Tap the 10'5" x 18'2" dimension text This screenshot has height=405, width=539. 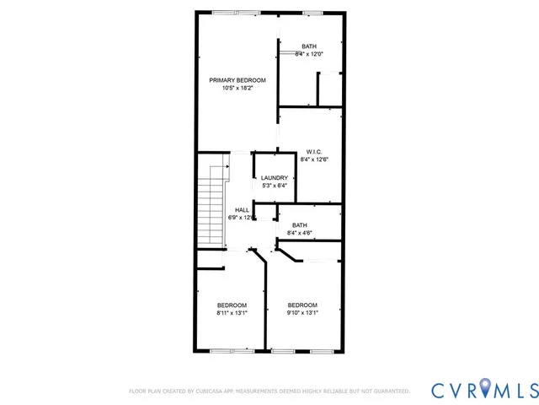[x=237, y=88]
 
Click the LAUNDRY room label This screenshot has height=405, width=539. [x=275, y=178]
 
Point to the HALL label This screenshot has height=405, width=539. [x=242, y=210]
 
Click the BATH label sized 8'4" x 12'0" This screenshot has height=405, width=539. [x=309, y=46]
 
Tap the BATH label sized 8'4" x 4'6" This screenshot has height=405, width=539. [x=299, y=225]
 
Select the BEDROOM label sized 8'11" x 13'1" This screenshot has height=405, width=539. [x=232, y=305]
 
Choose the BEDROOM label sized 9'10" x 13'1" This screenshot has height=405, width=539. [x=302, y=305]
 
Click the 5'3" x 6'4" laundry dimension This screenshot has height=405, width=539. [x=275, y=186]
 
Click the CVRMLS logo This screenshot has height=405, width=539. [x=483, y=389]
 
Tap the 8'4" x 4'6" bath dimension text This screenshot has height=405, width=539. [x=300, y=234]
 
